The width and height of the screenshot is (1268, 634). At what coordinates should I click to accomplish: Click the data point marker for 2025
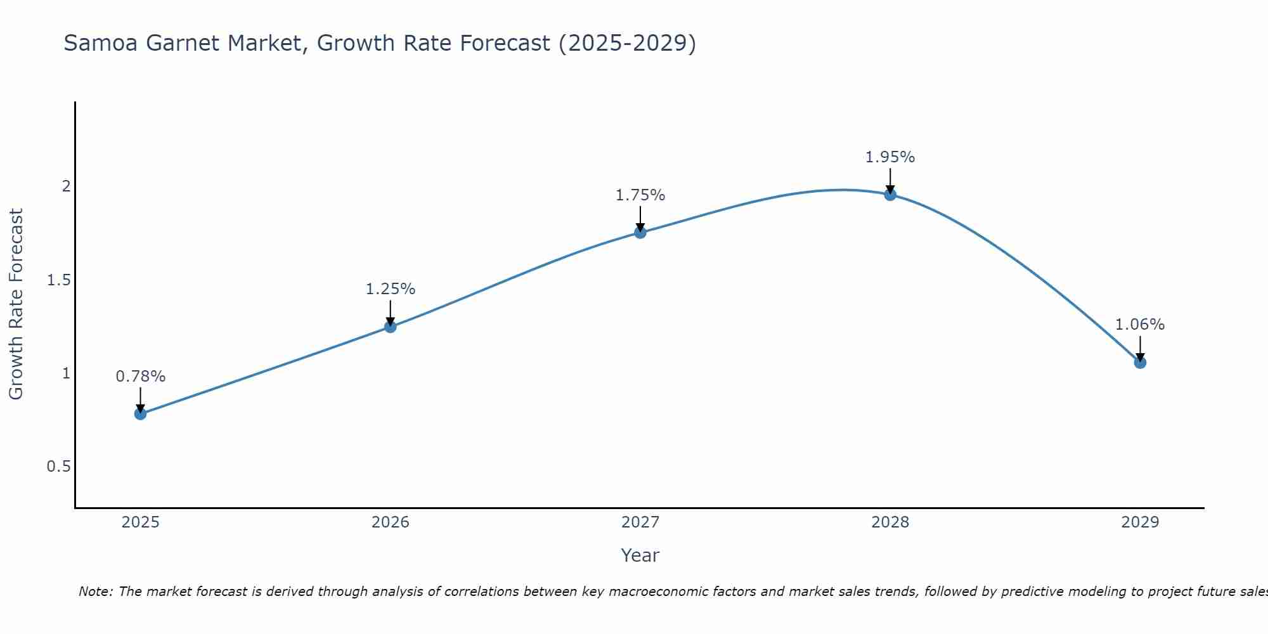(141, 414)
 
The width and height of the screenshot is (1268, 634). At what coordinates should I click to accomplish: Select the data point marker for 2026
(391, 327)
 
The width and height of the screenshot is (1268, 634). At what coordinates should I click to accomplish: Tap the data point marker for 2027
(640, 233)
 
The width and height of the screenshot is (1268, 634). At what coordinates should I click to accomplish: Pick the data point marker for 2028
(890, 195)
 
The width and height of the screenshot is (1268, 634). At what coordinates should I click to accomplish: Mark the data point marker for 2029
(1140, 363)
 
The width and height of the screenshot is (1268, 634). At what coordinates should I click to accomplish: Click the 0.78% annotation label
(141, 377)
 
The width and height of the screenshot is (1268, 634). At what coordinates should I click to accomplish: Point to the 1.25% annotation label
(391, 289)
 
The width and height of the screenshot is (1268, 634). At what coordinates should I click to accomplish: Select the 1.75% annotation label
(640, 195)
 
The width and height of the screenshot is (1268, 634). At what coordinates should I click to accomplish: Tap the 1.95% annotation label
(890, 157)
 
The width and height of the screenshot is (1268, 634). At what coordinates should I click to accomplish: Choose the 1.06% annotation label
(1140, 325)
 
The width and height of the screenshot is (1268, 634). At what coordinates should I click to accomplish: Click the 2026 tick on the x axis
(391, 522)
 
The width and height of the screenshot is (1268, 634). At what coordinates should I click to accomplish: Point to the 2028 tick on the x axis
(890, 522)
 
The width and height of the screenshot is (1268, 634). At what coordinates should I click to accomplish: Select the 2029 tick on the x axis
(1140, 522)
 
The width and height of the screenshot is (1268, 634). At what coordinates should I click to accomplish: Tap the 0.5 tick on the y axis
(58, 467)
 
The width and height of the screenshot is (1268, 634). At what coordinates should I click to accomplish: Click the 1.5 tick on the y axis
(58, 280)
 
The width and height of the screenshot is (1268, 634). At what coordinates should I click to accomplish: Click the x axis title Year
(640, 555)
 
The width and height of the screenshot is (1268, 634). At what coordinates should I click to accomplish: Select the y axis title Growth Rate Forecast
(16, 304)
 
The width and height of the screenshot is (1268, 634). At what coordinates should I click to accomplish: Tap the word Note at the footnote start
(94, 592)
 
